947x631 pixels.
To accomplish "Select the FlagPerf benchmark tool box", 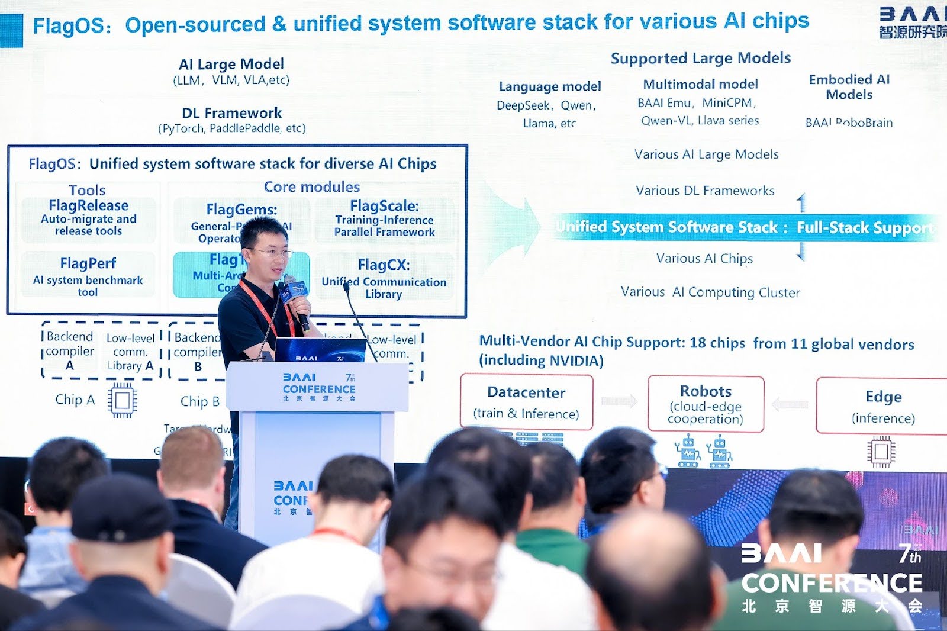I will tap(88, 275).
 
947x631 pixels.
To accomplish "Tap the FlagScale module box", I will tap(385, 219).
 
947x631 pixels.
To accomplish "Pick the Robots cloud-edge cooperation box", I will tap(706, 404).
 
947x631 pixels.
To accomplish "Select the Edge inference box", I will tap(882, 406).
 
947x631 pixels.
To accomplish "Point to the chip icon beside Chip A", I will tap(123, 401).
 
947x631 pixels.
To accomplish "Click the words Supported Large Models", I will tap(700, 59).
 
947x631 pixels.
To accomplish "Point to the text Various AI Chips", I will tap(704, 259).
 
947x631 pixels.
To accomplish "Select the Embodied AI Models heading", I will tap(849, 87).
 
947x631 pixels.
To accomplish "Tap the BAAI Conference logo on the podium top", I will tap(319, 388).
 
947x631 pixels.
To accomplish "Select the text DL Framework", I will tap(231, 113).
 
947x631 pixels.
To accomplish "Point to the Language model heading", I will tap(550, 86).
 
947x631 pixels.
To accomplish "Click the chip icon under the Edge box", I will tap(881, 452).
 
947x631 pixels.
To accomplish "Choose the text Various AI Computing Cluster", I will tap(710, 292).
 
